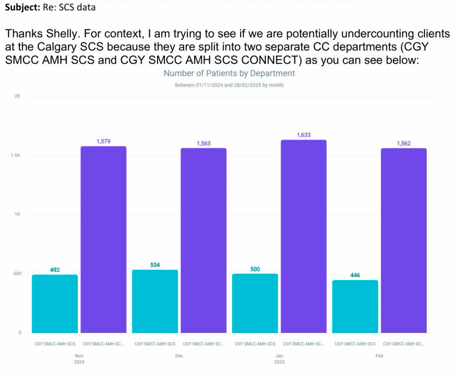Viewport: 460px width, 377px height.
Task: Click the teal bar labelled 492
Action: pyautogui.click(x=55, y=303)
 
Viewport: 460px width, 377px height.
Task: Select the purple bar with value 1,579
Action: pyautogui.click(x=103, y=239)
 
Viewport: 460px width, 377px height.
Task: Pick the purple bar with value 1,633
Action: pyautogui.click(x=304, y=236)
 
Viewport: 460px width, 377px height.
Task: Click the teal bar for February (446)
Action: pyautogui.click(x=355, y=306)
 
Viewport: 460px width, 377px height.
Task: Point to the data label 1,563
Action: pyautogui.click(x=204, y=144)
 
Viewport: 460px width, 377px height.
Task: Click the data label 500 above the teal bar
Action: pyautogui.click(x=255, y=269)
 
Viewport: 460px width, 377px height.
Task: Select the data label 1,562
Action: pyautogui.click(x=404, y=144)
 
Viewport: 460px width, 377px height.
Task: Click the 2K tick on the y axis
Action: pyautogui.click(x=17, y=96)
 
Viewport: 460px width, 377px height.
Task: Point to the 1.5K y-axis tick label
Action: pyautogui.click(x=15, y=155)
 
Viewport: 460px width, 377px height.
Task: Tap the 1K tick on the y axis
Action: pyautogui.click(x=17, y=214)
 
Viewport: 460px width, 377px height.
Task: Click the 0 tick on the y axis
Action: pyautogui.click(x=20, y=332)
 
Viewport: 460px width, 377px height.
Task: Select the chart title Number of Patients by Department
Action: pyautogui.click(x=229, y=73)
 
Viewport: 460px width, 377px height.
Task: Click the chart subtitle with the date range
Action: pyautogui.click(x=229, y=85)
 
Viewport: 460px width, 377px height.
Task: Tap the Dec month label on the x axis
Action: pyautogui.click(x=179, y=356)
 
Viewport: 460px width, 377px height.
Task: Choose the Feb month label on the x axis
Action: pyautogui.click(x=379, y=356)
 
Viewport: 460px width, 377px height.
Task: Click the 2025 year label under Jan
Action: pyautogui.click(x=279, y=362)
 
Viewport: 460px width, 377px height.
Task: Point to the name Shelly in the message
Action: pyautogui.click(x=62, y=34)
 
